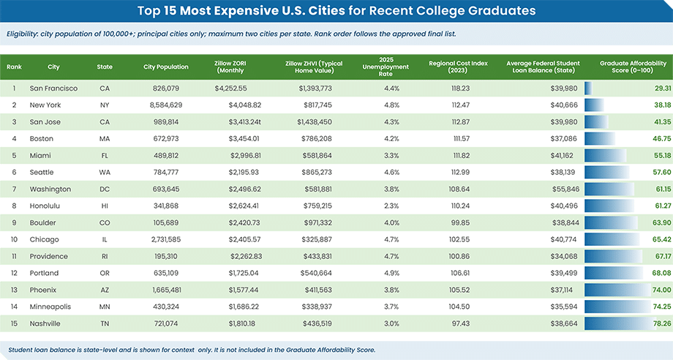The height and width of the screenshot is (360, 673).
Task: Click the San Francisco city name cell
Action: pyautogui.click(x=53, y=89)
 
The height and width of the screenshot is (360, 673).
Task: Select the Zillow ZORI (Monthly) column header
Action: pyautogui.click(x=230, y=67)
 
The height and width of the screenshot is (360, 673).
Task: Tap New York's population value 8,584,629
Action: pyautogui.click(x=166, y=105)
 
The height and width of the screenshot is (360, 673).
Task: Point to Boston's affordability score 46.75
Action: pyautogui.click(x=662, y=138)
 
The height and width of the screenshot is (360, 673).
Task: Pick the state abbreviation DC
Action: pyautogui.click(x=105, y=190)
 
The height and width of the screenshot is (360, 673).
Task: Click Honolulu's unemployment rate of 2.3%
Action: pyautogui.click(x=391, y=206)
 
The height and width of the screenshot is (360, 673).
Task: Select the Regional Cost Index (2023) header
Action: pyautogui.click(x=458, y=67)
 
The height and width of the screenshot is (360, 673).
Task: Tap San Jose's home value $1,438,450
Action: pyautogui.click(x=315, y=122)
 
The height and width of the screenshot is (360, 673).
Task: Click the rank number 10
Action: pyautogui.click(x=14, y=239)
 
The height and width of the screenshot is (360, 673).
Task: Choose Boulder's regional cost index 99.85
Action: pyautogui.click(x=461, y=222)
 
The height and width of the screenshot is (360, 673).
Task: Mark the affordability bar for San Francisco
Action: pyautogui.click(x=588, y=89)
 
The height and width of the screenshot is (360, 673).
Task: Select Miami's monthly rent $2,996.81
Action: pyautogui.click(x=246, y=155)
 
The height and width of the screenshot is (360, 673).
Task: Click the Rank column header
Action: pyautogui.click(x=14, y=67)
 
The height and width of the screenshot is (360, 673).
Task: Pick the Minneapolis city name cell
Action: pyautogui.click(x=50, y=307)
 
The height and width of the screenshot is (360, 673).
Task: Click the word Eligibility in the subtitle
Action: pyautogui.click(x=22, y=34)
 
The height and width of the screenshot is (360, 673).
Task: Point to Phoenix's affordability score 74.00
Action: pyautogui.click(x=662, y=290)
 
